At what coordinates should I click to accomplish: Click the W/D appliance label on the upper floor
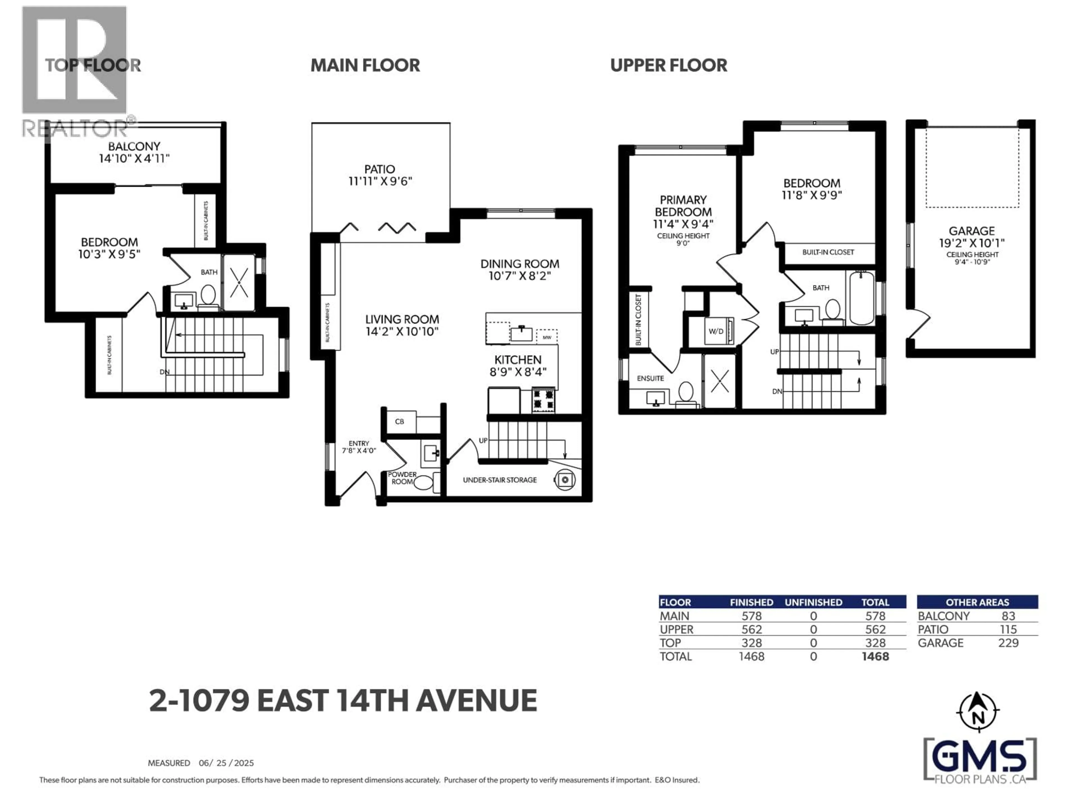click(x=716, y=331)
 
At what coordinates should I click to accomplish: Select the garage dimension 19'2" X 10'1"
click(x=972, y=243)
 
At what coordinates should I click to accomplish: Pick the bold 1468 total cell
click(x=875, y=656)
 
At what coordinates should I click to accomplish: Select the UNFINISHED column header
click(x=813, y=602)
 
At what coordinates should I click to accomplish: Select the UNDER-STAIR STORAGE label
click(x=499, y=480)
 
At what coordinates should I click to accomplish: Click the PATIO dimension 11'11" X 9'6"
click(x=380, y=181)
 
